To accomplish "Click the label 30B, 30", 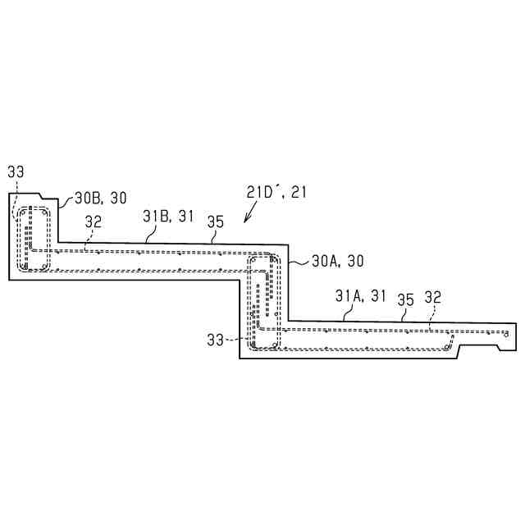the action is tap(101, 198).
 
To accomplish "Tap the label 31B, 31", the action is tap(168, 217).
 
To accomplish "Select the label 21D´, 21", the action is tap(276, 192).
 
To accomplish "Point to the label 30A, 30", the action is tap(338, 261).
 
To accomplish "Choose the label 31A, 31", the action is tap(361, 296).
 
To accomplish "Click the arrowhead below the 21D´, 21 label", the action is tap(246, 219).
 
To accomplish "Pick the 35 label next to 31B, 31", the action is tap(215, 222).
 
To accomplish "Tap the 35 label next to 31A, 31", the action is tap(406, 300).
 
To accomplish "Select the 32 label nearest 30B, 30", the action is tap(93, 221).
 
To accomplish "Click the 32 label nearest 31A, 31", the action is tap(433, 297).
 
